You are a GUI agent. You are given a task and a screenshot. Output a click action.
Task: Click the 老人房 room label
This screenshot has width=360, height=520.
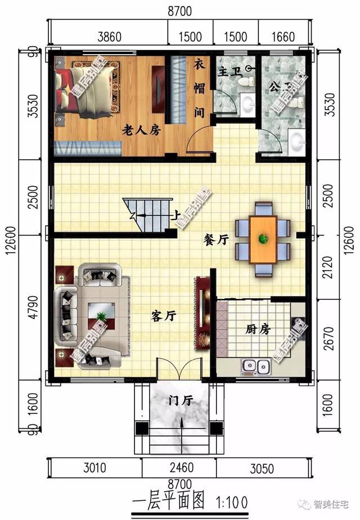[142, 130]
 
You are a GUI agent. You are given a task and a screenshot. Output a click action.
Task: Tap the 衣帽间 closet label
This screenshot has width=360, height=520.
[199, 88]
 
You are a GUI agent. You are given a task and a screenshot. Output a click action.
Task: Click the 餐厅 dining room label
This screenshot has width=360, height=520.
[215, 239]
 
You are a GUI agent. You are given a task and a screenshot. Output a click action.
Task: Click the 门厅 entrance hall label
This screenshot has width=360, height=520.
[181, 400]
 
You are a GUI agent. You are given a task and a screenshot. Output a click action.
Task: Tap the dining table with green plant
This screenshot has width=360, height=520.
[263, 239]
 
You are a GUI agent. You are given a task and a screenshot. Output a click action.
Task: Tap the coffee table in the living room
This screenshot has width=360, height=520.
[102, 316]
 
